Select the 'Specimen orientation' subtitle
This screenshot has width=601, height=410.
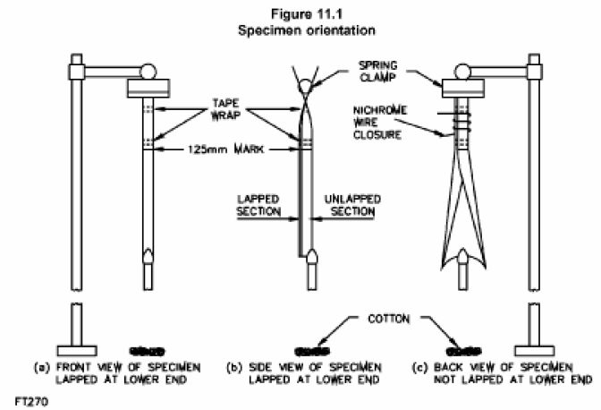[300, 29]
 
